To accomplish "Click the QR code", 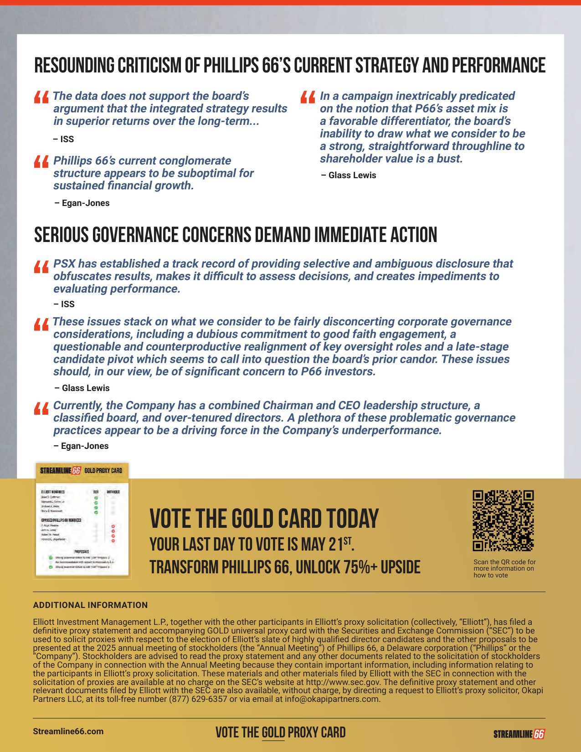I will pyautogui.click(x=503, y=520).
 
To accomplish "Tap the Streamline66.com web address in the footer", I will pyautogui.click(x=68, y=731).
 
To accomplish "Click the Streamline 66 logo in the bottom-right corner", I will pyautogui.click(x=519, y=734).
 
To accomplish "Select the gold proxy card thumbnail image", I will pyautogui.click(x=82, y=520).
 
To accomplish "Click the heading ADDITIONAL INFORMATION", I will pyautogui.click(x=90, y=605).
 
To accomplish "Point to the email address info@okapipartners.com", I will pyautogui.click(x=332, y=699).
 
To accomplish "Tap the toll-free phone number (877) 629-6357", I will pyautogui.click(x=198, y=699).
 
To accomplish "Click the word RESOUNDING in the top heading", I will pyautogui.click(x=75, y=66).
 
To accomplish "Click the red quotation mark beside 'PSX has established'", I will pyautogui.click(x=41, y=267).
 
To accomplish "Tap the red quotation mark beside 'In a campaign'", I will pyautogui.click(x=308, y=98).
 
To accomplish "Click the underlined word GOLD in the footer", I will pyautogui.click(x=273, y=733).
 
